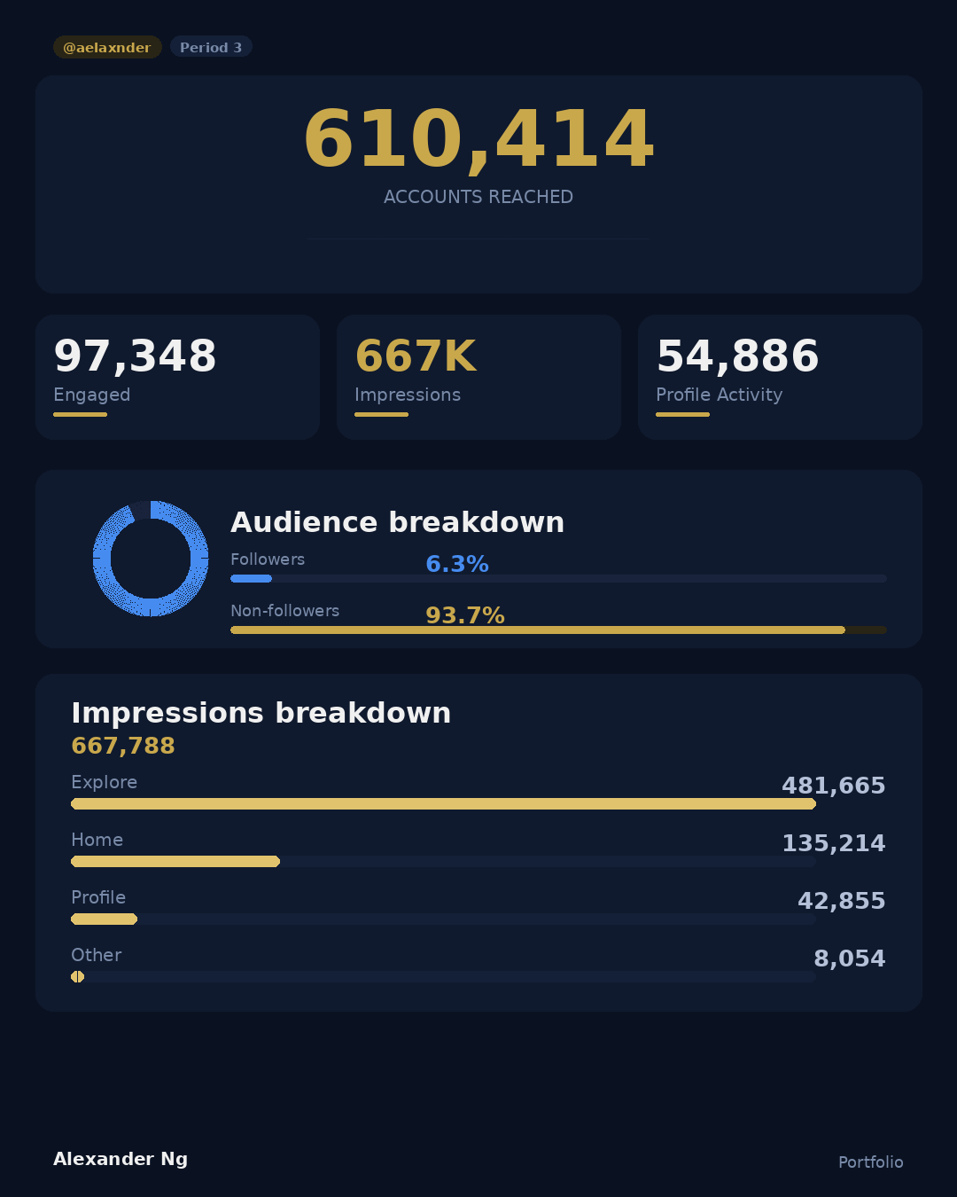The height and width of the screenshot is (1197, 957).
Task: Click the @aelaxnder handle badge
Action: pos(107,47)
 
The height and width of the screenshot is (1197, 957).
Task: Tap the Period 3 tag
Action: pos(211,47)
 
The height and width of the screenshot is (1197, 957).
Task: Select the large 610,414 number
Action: pos(478,139)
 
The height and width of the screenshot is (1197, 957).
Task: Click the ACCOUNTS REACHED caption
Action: pos(478,197)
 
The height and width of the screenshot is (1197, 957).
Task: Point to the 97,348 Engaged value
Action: pos(135,356)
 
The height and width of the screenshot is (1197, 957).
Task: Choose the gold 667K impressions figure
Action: pos(416,356)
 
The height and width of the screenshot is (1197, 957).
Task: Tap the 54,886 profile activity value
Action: pos(737,356)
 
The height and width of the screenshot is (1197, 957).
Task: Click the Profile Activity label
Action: pos(719,395)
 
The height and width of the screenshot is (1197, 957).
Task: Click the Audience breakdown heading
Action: pos(397,522)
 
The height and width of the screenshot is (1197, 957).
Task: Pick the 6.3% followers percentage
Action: pos(457,564)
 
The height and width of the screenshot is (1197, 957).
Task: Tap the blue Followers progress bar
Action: pos(251,579)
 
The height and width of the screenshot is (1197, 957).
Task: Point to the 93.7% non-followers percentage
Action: pos(465,615)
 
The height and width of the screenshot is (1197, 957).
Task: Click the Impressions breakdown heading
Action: pos(261,713)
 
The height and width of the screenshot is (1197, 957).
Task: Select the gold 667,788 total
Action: pos(123,746)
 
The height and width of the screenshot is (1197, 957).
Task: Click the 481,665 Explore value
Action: pos(833,786)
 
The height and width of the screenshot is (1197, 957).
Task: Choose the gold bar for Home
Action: pos(175,862)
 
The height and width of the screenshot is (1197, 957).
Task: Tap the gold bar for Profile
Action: pos(104,919)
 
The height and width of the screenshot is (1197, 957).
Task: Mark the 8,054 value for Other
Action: pos(849,958)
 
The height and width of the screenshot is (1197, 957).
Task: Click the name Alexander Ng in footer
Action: pos(121,1159)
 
